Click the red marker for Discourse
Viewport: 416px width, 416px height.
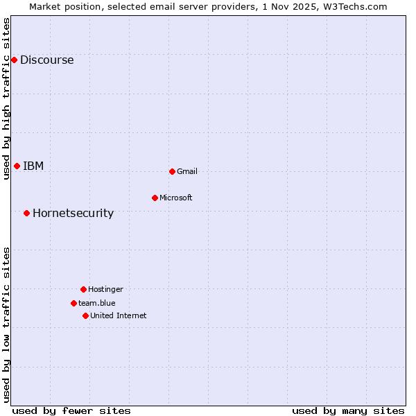(14, 60)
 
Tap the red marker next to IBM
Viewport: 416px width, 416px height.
(17, 166)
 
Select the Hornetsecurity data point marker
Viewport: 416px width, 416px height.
(26, 213)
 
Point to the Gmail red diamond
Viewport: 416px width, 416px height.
(172, 171)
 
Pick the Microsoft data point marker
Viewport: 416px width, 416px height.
(155, 198)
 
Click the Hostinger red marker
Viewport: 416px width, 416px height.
(83, 289)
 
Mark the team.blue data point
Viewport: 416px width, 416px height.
(73, 303)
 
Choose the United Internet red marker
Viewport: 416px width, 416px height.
(85, 315)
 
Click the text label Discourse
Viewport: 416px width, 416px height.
(46, 60)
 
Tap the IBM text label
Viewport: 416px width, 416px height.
(33, 166)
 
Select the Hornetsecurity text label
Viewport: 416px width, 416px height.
(73, 213)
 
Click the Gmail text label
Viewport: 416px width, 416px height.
(187, 171)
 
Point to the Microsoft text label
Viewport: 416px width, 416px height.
(176, 198)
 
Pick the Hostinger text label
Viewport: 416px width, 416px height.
(105, 289)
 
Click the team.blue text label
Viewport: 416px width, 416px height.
(97, 303)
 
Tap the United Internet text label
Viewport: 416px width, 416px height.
(119, 315)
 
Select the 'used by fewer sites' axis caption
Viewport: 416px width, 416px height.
(71, 410)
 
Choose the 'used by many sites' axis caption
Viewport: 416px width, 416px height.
(348, 410)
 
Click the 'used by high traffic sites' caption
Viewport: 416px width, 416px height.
(6, 98)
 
